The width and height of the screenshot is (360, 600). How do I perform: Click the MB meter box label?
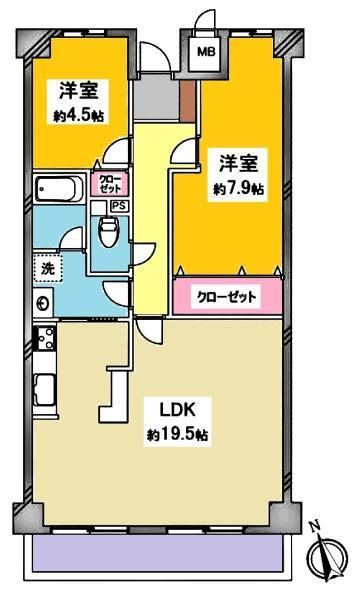pos(206,52)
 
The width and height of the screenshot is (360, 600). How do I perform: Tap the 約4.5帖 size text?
pos(78,116)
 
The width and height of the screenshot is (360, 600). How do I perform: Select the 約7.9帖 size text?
pos(238,188)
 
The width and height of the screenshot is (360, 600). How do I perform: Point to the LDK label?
pos(178,411)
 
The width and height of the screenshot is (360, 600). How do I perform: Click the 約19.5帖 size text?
pos(178,434)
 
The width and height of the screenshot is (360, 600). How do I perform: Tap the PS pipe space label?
pos(119,206)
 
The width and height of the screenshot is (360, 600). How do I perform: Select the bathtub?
pos(59,188)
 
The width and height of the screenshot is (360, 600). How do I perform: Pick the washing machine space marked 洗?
pos(48,269)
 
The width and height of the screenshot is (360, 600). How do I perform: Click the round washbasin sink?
pos(42,303)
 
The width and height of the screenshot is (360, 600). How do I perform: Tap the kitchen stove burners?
pos(46,337)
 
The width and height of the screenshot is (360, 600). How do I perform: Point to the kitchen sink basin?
pos(45,390)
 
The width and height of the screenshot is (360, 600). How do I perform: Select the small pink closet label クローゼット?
pos(111,183)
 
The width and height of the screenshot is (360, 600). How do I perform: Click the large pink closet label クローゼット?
pos(226,297)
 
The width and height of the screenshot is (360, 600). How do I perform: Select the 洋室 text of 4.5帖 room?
pos(78,91)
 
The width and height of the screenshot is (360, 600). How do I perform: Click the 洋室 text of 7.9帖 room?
pos(238,164)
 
